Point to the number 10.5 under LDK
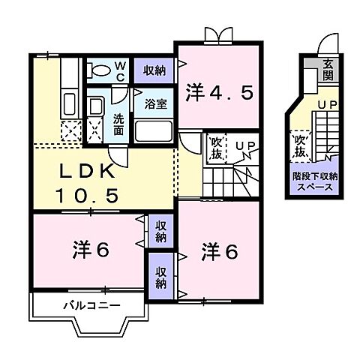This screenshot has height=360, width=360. pyautogui.click(x=86, y=196)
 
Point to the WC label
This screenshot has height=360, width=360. pyautogui.click(x=120, y=70)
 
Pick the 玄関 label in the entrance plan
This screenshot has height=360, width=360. pyautogui.click(x=328, y=70)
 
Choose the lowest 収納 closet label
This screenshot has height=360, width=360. pyautogui.click(x=161, y=278)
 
